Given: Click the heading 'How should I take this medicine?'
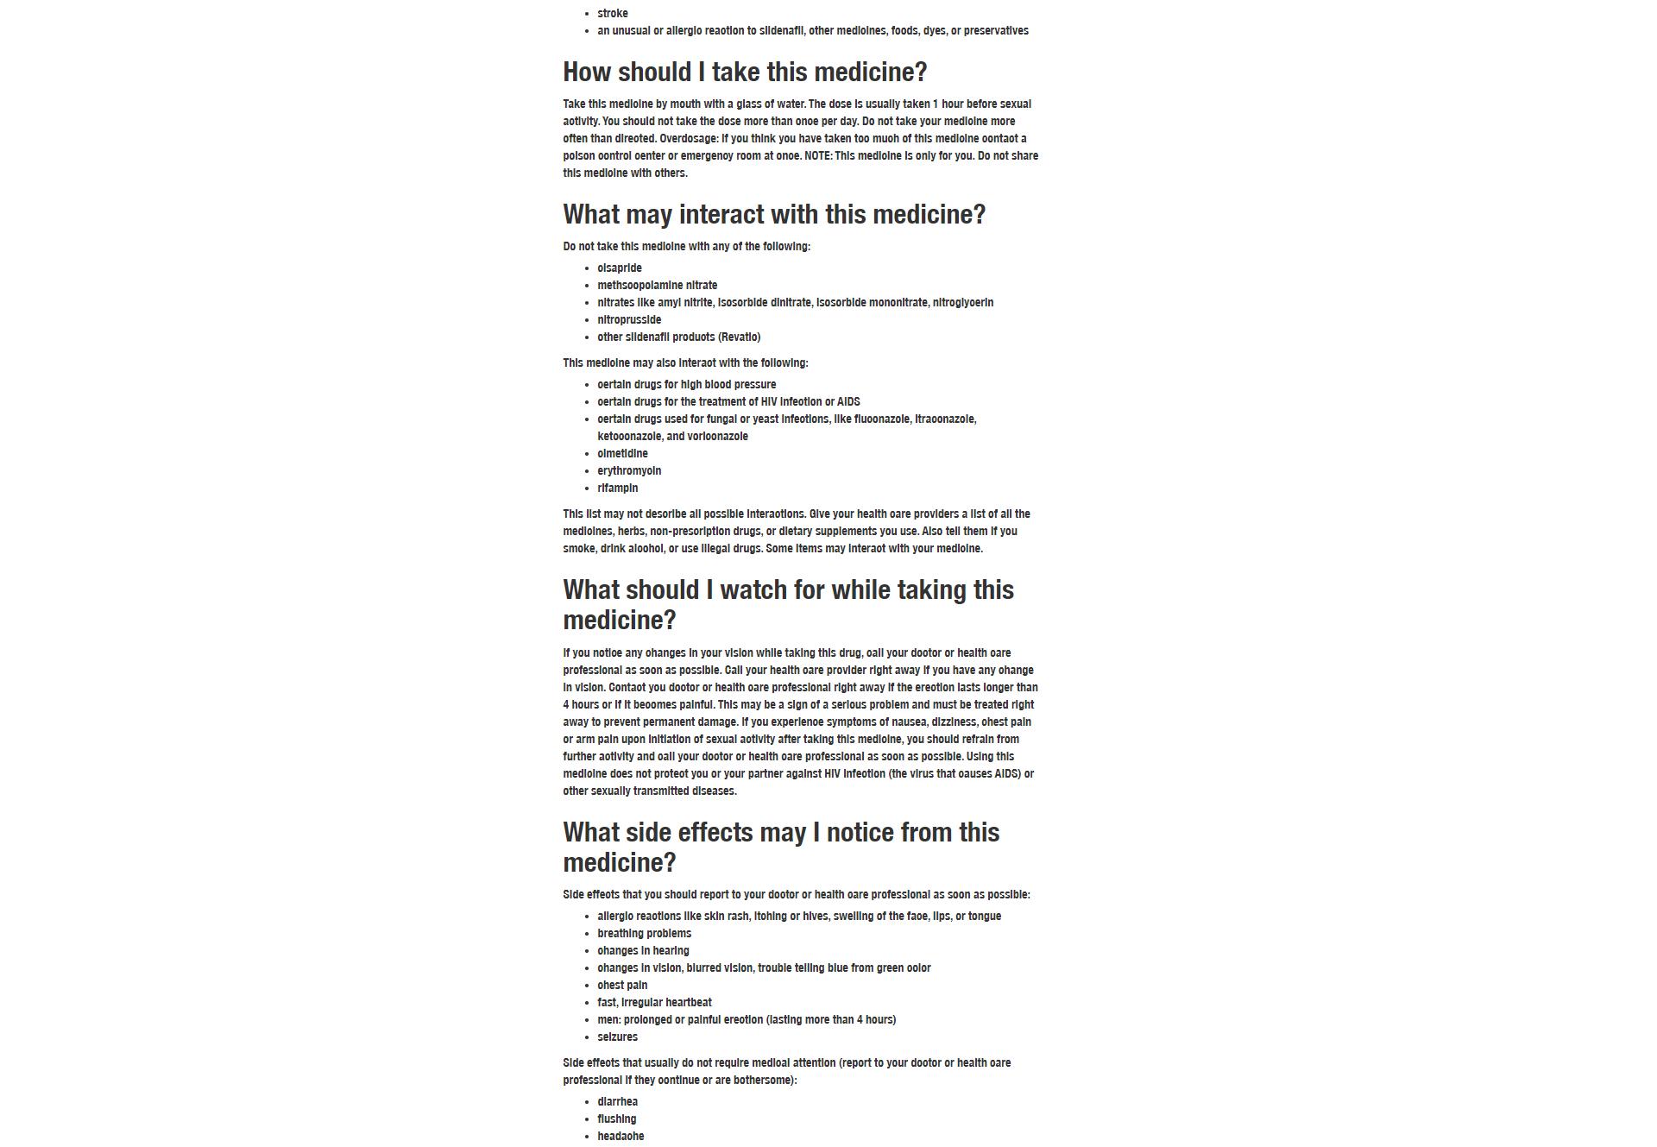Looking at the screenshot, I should pyautogui.click(x=745, y=72).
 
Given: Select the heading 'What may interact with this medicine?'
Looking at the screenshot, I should pyautogui.click(x=774, y=215).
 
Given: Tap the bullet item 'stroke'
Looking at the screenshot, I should pyautogui.click(x=613, y=14).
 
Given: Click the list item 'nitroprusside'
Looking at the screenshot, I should pyautogui.click(x=629, y=320).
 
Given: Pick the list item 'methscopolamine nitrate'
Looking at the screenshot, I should pyautogui.click(x=657, y=286).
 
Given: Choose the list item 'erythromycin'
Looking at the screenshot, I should pyautogui.click(x=629, y=471).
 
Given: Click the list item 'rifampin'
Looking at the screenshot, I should pyautogui.click(x=618, y=488).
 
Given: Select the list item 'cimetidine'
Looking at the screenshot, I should pyautogui.click(x=622, y=454).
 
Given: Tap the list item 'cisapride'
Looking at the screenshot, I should pyautogui.click(x=620, y=268).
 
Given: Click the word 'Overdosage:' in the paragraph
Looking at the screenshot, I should pyautogui.click(x=689, y=139).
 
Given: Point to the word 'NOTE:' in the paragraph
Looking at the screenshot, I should pyautogui.click(x=818, y=156).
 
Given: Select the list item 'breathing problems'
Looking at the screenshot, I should pyautogui.click(x=644, y=934).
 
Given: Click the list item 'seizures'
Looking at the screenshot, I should pyautogui.click(x=617, y=1037).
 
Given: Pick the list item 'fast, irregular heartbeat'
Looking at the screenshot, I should pyautogui.click(x=654, y=1003).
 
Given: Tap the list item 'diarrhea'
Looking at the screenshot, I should pyautogui.click(x=617, y=1102).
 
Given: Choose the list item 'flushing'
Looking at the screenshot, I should pyautogui.click(x=616, y=1119).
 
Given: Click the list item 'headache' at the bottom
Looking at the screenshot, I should pyautogui.click(x=621, y=1137).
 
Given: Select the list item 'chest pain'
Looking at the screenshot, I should pyautogui.click(x=622, y=986).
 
